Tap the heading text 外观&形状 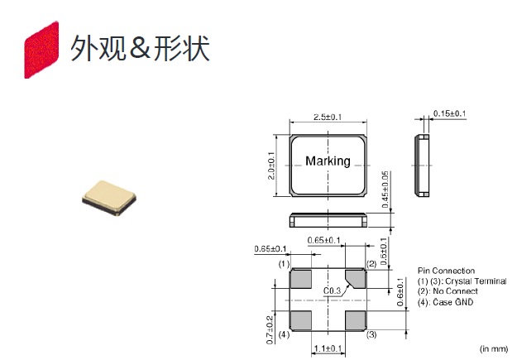point(140,48)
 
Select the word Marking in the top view point(328,161)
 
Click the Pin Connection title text point(447,271)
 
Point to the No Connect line point(448,291)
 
